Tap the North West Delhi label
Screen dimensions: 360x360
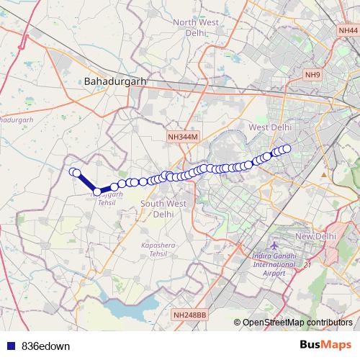196,27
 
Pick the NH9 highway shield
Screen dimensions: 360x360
313,75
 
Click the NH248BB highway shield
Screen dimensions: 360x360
190,315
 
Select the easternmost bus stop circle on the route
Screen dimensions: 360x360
287,148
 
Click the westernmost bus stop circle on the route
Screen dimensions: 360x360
73,171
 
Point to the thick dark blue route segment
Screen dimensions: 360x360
86,182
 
